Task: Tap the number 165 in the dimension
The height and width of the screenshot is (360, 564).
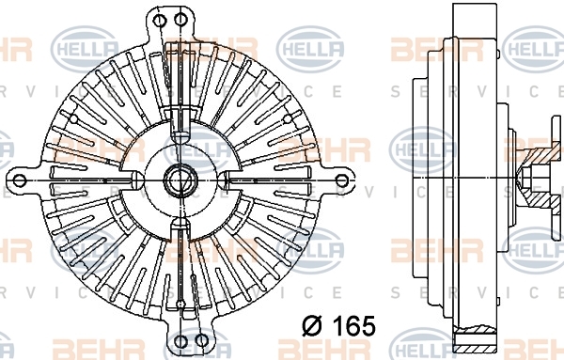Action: [x=354, y=326]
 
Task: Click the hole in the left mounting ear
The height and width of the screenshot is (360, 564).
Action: [x=20, y=180]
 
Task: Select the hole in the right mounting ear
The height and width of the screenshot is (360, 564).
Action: [x=342, y=180]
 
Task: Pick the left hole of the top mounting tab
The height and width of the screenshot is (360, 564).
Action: [x=159, y=20]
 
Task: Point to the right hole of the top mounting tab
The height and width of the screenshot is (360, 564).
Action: [x=180, y=20]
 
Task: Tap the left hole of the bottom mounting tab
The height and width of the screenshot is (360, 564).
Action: [x=181, y=340]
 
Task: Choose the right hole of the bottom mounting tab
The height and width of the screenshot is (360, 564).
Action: [x=202, y=340]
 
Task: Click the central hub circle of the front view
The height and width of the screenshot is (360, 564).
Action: [x=180, y=180]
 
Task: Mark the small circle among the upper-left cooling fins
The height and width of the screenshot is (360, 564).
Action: [x=73, y=118]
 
